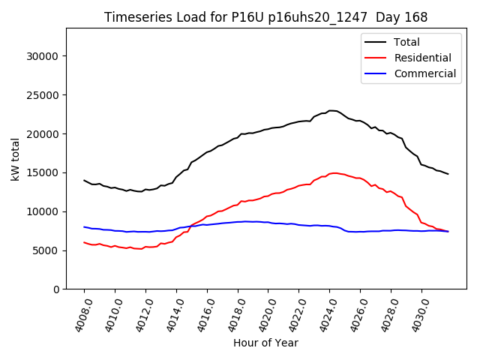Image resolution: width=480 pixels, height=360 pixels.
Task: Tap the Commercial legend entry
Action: (x=424, y=73)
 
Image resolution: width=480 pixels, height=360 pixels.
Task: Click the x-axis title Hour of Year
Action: (x=265, y=343)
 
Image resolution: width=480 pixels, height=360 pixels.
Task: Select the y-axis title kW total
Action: (x=16, y=160)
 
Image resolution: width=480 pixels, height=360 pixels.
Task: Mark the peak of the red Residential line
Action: (x=334, y=172)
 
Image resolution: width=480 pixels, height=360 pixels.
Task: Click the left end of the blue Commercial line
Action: (x=84, y=226)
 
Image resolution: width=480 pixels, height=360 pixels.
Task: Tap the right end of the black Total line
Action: (x=448, y=174)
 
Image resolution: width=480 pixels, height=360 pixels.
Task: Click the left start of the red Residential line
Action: (x=84, y=242)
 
